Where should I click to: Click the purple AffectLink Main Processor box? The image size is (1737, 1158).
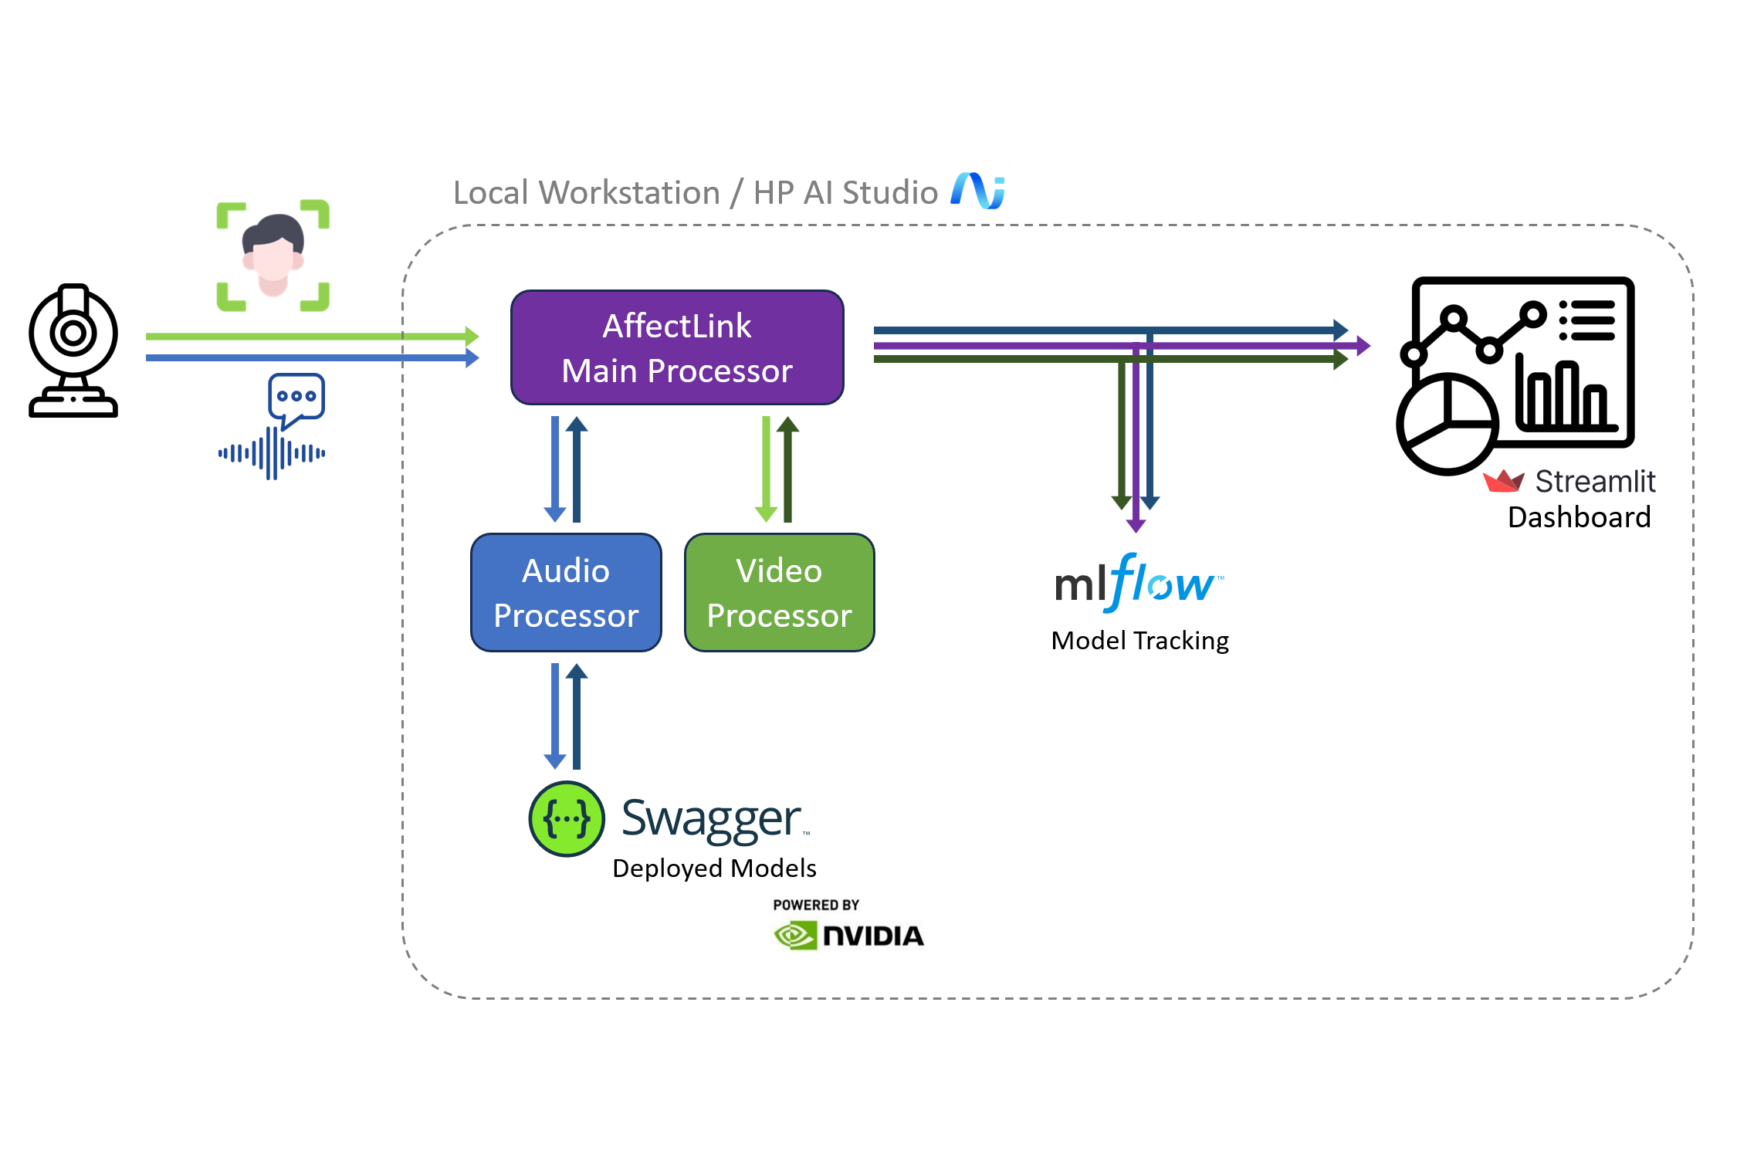[677, 347]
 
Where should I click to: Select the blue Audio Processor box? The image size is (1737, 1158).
[566, 592]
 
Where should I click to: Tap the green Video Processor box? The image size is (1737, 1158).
[779, 592]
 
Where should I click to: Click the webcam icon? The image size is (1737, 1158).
[73, 351]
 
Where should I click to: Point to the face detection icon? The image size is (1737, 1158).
[273, 256]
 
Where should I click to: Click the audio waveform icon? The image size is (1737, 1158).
[272, 453]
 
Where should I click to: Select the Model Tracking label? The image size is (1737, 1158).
[1139, 641]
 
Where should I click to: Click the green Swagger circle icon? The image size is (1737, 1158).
[567, 819]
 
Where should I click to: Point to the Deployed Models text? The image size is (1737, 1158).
[714, 868]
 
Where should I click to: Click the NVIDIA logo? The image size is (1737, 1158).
[848, 936]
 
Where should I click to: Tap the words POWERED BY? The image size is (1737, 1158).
[816, 905]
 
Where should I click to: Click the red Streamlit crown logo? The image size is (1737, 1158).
[1503, 481]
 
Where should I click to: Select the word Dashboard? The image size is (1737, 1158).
[1579, 517]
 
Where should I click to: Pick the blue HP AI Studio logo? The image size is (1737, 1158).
[977, 191]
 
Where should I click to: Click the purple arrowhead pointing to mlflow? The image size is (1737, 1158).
[1136, 526]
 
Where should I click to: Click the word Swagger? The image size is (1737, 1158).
[711, 819]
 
